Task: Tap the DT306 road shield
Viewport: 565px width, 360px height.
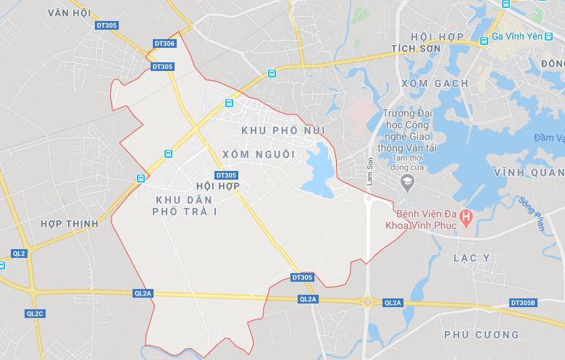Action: click(x=164, y=44)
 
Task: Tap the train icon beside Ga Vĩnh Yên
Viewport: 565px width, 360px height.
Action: click(x=482, y=42)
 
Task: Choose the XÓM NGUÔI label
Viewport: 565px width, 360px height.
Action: click(x=259, y=154)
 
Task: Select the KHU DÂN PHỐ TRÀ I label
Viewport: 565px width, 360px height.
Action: click(x=185, y=204)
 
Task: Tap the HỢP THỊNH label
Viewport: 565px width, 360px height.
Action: click(x=70, y=224)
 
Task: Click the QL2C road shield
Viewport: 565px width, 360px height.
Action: click(x=35, y=314)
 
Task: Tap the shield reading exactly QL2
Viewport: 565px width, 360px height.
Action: click(x=19, y=254)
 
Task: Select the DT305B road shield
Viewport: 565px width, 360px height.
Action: click(x=523, y=303)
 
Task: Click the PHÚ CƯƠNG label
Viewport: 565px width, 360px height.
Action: click(x=482, y=335)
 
